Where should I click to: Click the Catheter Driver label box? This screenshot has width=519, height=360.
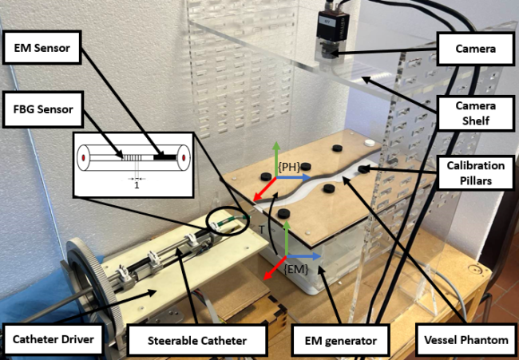point(53,341)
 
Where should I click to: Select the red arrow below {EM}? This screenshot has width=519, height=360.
point(272,271)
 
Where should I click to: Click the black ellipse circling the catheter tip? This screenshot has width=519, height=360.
point(228,223)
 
